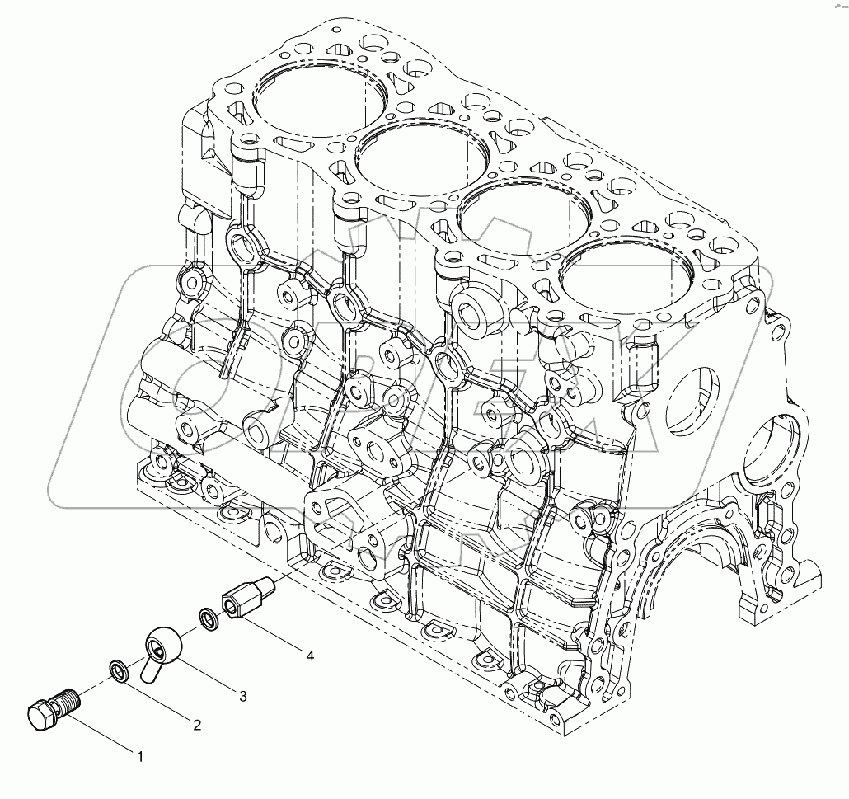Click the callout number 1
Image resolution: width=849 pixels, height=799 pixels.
pos(140,754)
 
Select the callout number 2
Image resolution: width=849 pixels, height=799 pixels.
pos(197,725)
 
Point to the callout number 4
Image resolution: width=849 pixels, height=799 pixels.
pos(309,656)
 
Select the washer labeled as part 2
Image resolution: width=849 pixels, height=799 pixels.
pos(120,672)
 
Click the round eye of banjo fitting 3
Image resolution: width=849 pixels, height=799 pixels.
pos(163,642)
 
